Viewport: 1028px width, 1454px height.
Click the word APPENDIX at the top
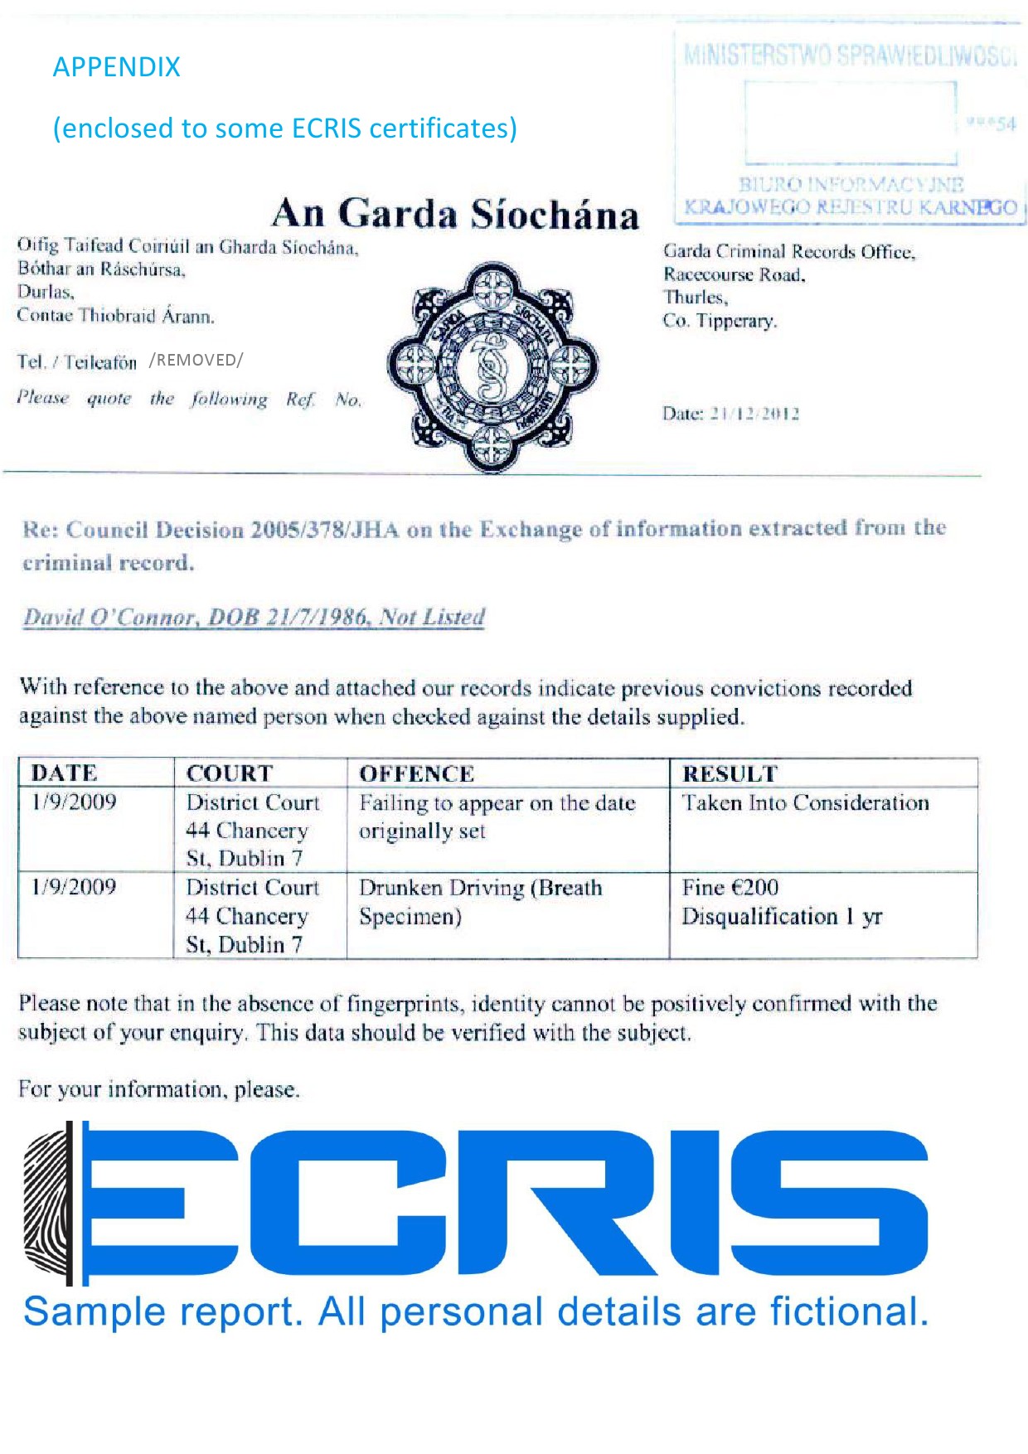[x=116, y=67]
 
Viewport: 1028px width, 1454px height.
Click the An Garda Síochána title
[x=455, y=214]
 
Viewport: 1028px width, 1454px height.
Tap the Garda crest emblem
[x=492, y=366]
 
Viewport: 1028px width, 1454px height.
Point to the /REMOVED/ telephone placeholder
[x=196, y=360]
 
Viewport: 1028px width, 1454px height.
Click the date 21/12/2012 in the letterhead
[x=754, y=414]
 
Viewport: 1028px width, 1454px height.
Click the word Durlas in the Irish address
[x=46, y=292]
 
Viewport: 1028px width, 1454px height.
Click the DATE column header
[x=64, y=773]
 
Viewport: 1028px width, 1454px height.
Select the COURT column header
[x=229, y=773]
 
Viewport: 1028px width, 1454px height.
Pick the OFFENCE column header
[x=416, y=774]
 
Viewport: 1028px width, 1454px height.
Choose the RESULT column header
[x=730, y=774]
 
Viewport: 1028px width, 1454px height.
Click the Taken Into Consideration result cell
[x=805, y=803]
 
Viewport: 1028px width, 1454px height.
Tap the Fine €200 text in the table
[x=730, y=888]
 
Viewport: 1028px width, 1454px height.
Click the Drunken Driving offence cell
[x=480, y=902]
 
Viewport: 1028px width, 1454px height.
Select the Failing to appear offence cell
[x=497, y=817]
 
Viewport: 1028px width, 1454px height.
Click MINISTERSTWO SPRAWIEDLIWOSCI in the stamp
[x=849, y=56]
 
